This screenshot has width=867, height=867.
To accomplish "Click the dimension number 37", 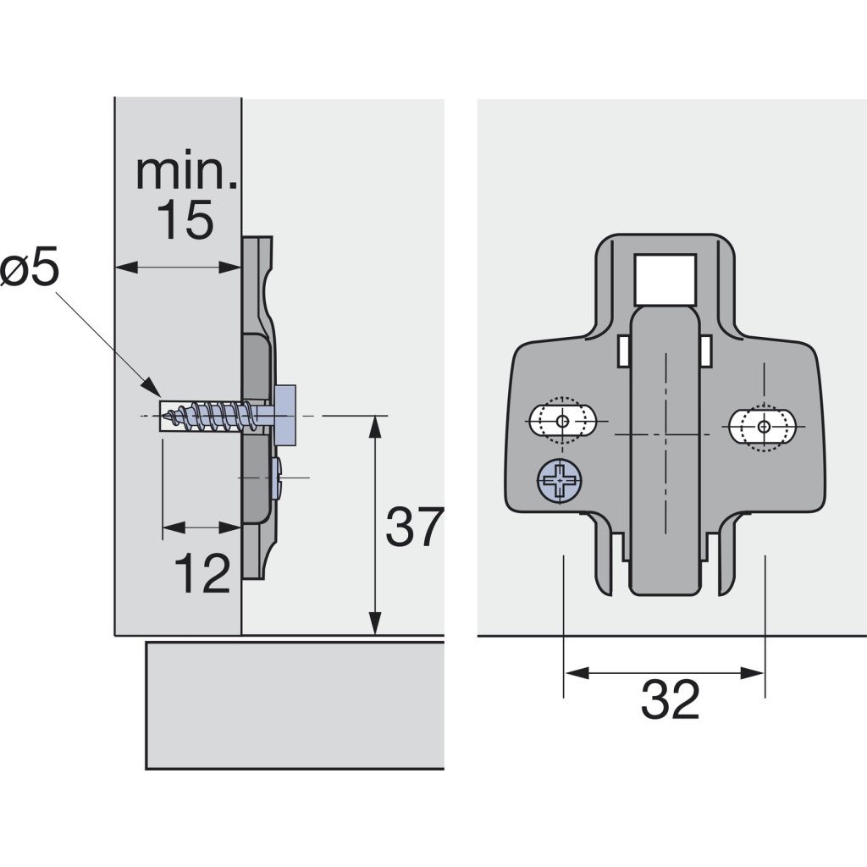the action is click(414, 527).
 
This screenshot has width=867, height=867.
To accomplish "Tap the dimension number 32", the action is click(671, 699).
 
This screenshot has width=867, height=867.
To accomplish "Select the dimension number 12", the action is click(202, 573).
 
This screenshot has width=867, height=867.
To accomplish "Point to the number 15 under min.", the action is click(185, 219).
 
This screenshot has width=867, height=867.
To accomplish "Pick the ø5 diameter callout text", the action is click(30, 270).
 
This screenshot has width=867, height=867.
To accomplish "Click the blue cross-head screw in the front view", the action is click(560, 481).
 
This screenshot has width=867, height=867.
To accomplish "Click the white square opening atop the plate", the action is click(665, 279).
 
